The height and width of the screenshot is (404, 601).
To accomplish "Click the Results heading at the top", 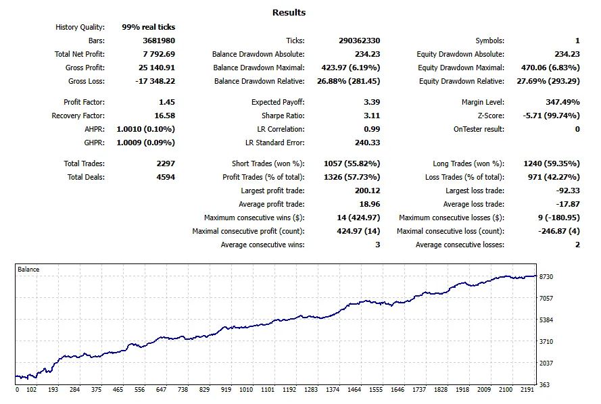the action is point(289,12).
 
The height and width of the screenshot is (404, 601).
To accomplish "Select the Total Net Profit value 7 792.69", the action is point(159,54).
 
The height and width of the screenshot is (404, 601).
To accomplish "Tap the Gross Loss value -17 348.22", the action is point(155,81).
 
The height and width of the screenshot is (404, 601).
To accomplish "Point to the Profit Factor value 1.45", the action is point(167,102).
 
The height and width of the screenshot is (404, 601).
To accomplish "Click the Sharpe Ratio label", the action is point(283,116).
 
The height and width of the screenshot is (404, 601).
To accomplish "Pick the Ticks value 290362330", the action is point(359,41).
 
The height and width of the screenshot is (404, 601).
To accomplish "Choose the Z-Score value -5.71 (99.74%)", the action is point(551,116).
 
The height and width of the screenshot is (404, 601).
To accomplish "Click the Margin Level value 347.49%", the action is point(562,102).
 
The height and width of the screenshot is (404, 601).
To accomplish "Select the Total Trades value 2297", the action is point(166,163).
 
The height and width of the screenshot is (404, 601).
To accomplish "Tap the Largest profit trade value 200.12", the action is point(367,191).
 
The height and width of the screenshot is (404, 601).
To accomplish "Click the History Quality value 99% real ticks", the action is point(148,27).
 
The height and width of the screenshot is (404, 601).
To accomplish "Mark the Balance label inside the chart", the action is point(28,269).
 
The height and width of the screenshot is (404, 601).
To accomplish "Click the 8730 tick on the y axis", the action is point(546,276).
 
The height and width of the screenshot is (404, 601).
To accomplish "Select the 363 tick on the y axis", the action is point(544,385).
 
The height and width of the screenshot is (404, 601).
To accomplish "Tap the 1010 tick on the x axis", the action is point(246,389).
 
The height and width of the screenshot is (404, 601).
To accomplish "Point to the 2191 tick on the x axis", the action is point(527,389).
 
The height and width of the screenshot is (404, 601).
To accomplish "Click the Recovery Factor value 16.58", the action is point(164,116).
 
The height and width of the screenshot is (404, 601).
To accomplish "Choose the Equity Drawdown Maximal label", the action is point(461,68).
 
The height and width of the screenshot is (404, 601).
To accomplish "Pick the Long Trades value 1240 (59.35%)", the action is point(552,163).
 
